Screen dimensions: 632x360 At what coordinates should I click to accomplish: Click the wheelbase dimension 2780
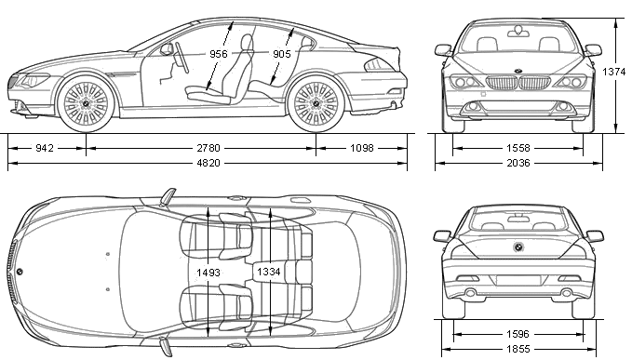pos(208,148)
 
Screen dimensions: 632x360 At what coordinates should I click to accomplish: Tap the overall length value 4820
pos(208,163)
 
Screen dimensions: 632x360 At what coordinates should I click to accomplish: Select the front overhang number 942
pos(45,148)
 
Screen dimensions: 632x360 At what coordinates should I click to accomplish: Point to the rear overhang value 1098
pos(362,148)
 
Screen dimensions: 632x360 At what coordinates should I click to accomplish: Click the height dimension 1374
pos(614,72)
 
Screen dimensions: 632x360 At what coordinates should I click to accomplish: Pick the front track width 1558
pos(518,148)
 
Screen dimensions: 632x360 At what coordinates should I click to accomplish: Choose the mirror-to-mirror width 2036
pos(518,163)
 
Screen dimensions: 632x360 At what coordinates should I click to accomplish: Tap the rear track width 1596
pos(518,334)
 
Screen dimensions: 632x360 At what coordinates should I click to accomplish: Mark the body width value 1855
pos(518,349)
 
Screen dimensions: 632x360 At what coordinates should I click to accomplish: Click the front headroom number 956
pos(219,54)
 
